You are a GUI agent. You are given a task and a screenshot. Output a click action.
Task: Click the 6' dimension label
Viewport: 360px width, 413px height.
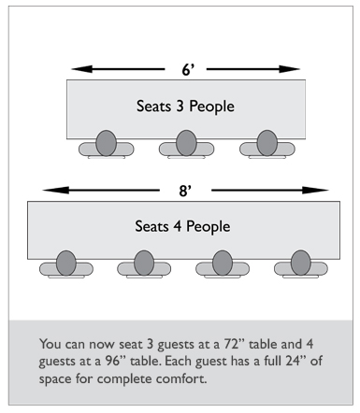point(188,69)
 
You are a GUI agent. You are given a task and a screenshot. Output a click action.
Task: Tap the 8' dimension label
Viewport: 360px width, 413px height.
point(185,191)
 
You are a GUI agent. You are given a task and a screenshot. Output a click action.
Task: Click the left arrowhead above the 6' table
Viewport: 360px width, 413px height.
point(82,69)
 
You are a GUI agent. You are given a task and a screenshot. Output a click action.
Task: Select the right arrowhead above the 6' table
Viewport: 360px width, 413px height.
point(289,69)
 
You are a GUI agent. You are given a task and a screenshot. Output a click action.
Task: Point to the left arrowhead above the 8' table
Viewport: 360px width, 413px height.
point(56,190)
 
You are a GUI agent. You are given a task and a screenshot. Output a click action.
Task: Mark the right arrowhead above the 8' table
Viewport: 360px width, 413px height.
point(315,190)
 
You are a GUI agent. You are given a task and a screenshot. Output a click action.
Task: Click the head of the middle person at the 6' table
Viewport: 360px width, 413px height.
point(186,143)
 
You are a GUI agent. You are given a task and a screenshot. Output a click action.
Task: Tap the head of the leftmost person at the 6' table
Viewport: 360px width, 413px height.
point(106,143)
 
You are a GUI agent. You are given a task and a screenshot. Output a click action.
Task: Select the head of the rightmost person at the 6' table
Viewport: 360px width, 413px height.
point(267,143)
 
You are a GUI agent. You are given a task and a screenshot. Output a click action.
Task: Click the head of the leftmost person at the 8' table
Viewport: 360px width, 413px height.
point(66,263)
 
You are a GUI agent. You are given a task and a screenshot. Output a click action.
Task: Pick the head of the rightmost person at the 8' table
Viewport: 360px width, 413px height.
point(301,263)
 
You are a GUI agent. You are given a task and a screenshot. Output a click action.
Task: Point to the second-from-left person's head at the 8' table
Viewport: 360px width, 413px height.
point(144,263)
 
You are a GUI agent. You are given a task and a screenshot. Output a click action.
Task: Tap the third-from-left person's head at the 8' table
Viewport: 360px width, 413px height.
point(223,263)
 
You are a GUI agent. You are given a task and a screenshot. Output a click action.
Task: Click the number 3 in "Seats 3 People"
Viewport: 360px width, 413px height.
point(180,107)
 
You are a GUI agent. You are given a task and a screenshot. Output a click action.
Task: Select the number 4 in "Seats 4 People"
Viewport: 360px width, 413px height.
point(178,226)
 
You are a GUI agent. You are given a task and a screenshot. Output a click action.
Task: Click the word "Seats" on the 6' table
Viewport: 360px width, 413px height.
point(154,106)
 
